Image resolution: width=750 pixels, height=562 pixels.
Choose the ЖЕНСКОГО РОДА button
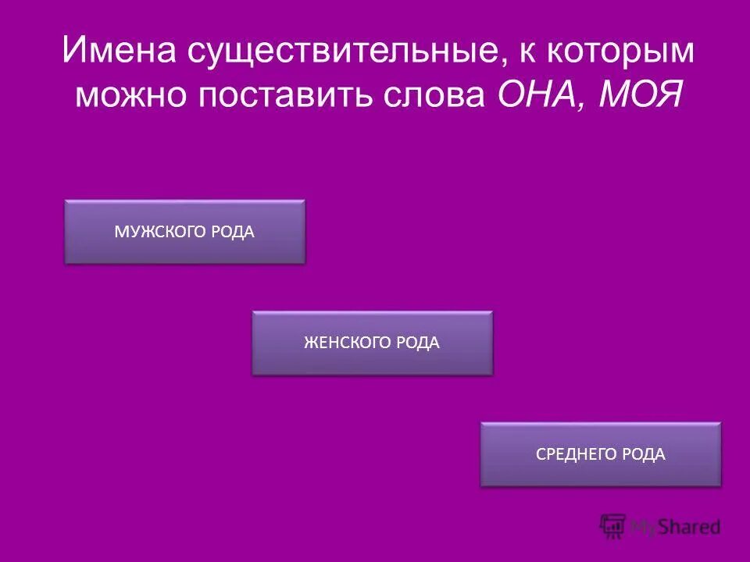(x=372, y=343)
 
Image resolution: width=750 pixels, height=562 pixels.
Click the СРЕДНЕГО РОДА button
(x=600, y=454)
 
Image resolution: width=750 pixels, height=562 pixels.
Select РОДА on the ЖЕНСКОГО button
(x=417, y=343)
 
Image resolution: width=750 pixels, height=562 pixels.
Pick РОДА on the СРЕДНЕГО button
(x=645, y=454)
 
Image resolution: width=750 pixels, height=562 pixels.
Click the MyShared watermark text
(x=677, y=528)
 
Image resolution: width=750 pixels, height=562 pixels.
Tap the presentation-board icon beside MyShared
(x=613, y=526)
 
